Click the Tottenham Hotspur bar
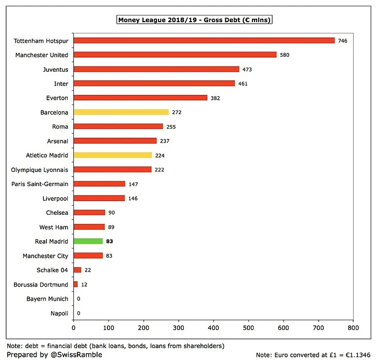[204, 40]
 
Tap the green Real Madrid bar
[88, 241]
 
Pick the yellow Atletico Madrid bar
[113, 155]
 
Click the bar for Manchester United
[175, 55]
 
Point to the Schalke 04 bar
[77, 270]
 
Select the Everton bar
[140, 98]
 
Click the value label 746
[343, 40]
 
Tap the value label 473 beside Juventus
[247, 69]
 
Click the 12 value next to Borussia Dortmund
[84, 285]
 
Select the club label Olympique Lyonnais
[40, 169]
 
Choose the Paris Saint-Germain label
[41, 184]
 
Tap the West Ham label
[54, 227]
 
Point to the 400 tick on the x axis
[213, 327]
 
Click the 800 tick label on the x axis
[353, 327]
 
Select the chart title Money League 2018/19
[194, 20]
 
